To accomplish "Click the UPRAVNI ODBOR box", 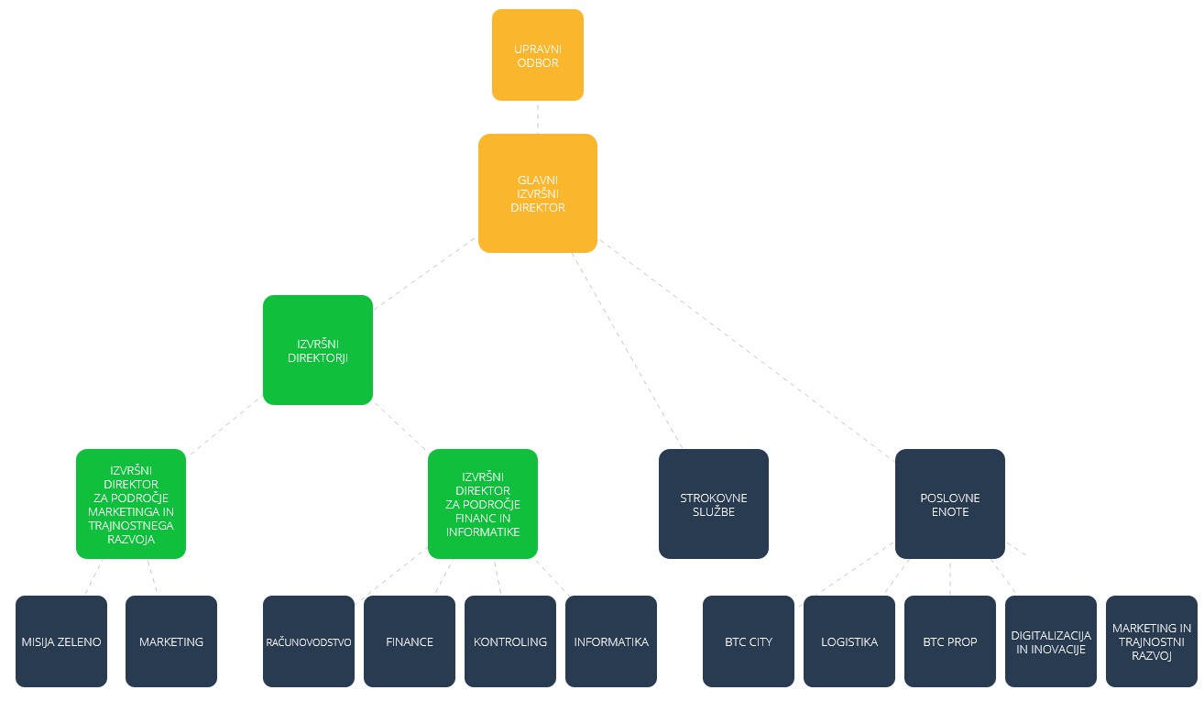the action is pos(538,55).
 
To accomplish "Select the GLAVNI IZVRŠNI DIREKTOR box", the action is pos(538,193).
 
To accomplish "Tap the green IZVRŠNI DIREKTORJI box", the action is pos(318,350).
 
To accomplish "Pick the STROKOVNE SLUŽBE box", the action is pos(713,504).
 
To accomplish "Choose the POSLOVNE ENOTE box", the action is pos(950,504).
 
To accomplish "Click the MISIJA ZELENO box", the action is pos(61,641).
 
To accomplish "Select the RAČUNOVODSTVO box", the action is pos(309,641).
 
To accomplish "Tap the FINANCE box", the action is pos(410,641).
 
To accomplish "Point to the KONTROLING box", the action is pos(510,641).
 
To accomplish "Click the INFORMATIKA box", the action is pos(611,641).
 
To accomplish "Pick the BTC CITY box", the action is pos(749,641).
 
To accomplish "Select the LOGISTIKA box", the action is pos(849,641).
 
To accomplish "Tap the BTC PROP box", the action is pos(950,641).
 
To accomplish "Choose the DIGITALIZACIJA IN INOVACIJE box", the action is pos(1051,641).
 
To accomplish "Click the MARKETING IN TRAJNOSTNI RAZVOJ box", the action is pos(1152,641).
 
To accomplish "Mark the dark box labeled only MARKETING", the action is pos(171,641).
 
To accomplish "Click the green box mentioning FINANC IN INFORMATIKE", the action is pos(483,504).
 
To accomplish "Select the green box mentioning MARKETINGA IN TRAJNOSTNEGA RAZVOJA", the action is pos(131,504).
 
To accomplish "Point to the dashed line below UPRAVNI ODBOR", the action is pos(538,117).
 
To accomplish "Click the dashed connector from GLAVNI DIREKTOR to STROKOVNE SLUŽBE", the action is pos(627,350).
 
